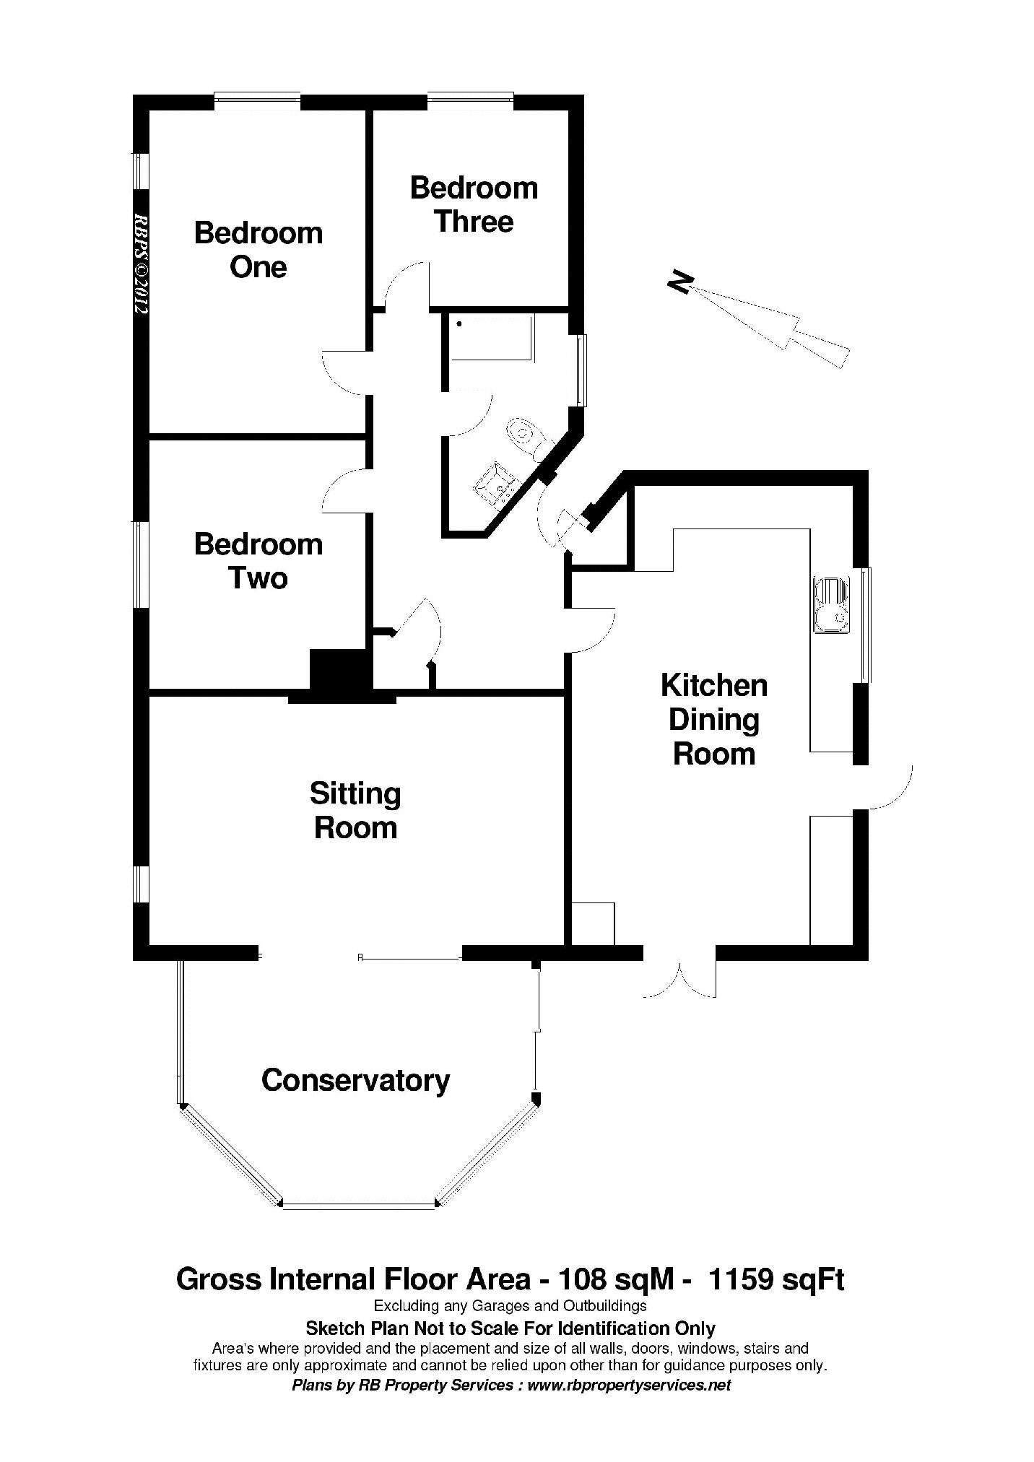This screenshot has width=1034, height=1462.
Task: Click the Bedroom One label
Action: pos(258,250)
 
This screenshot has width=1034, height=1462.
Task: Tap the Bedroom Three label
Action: pos(474,204)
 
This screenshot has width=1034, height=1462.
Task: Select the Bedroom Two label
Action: pos(258,561)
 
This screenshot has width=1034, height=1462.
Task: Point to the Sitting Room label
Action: pos(355,810)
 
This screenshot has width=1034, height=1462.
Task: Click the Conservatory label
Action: pos(355,1080)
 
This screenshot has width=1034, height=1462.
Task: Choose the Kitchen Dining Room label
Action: pos(714,719)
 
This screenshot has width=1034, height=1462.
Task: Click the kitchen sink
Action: pos(833,605)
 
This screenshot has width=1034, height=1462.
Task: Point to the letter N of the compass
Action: pos(680,282)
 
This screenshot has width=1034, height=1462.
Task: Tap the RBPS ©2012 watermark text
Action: pos(141,263)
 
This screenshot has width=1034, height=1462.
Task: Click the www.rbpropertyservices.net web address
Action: pos(629,1385)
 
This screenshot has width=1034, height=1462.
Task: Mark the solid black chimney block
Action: pos(339,671)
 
